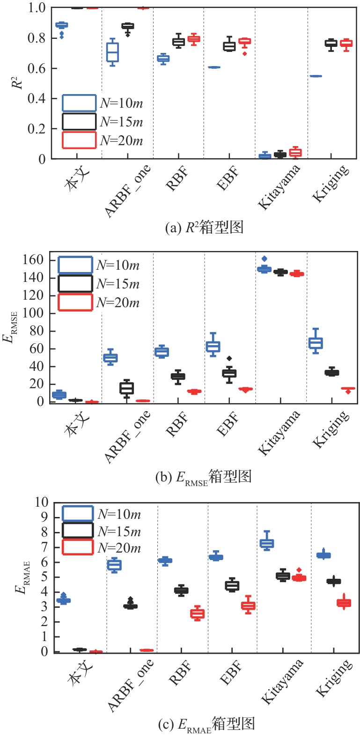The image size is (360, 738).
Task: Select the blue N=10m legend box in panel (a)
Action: pos(79,103)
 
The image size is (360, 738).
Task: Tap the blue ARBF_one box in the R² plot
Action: pos(112,52)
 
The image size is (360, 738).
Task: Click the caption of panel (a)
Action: pos(205,228)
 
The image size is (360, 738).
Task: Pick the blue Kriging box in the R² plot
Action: pos(316,76)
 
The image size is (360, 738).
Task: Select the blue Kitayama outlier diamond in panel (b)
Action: pos(264,258)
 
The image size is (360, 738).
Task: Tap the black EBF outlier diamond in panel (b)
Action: pos(229,359)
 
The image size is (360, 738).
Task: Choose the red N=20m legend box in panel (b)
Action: pos(75,303)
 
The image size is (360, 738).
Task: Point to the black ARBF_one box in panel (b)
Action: pos(126,388)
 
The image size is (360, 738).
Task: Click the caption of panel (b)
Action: pos(203,477)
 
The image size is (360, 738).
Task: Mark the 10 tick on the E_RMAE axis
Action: pos(41,502)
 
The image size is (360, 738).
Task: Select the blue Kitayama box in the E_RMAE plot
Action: pos(267,544)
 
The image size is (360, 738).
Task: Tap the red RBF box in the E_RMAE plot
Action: pos(197,614)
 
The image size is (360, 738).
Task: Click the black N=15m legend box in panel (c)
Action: pos(78,531)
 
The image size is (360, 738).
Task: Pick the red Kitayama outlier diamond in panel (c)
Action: pos(299,570)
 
